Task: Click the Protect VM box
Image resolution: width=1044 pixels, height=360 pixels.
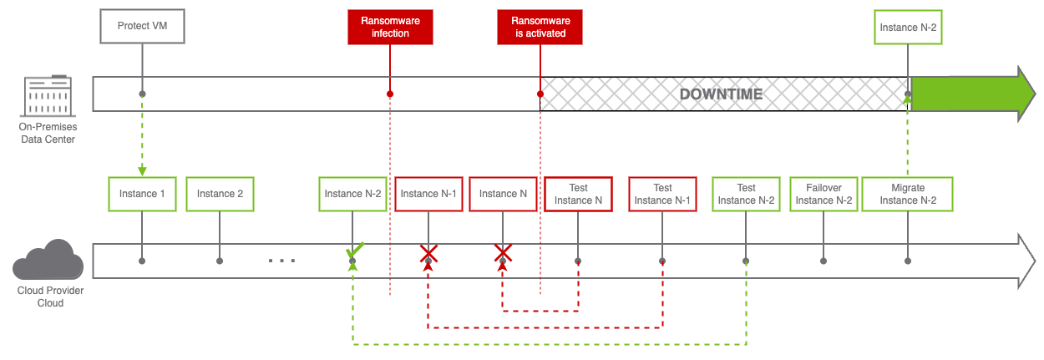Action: coord(142,26)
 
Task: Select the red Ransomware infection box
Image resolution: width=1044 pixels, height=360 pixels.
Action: coord(390,28)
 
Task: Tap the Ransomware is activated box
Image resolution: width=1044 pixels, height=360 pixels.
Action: coord(540,28)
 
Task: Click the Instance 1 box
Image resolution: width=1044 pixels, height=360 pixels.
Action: coord(142,194)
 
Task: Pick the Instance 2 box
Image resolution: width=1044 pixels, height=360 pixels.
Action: coord(220,194)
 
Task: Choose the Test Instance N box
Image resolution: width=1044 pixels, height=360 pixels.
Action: coord(578,194)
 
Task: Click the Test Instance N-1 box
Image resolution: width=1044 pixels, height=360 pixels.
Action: coord(662,194)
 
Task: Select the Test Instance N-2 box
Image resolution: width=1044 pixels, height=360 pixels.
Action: coord(746,194)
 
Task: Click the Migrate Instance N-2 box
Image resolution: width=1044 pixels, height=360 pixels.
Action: coord(907,194)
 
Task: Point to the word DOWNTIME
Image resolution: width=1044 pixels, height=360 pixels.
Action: coord(722,94)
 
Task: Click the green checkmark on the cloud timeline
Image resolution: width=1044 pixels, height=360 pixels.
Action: coord(355,250)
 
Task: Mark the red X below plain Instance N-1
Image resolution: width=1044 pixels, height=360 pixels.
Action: coord(428,254)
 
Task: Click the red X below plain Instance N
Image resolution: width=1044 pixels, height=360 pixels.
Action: coord(503,253)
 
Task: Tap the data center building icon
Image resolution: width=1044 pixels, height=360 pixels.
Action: coord(47,95)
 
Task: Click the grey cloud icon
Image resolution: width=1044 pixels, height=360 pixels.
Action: coord(48,261)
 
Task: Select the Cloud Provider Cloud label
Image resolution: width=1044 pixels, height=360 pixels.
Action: coord(47,297)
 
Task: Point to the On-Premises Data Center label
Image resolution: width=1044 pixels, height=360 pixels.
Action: coord(47,133)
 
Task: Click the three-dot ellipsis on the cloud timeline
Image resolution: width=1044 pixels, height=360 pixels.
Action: coord(281,261)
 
